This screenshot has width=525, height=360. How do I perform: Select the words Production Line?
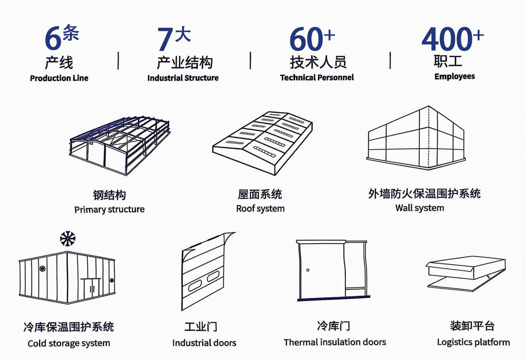(59, 78)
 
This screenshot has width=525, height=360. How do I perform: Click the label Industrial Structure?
(183, 78)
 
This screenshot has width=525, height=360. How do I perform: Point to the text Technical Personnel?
(317, 77)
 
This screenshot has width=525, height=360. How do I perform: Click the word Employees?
(455, 76)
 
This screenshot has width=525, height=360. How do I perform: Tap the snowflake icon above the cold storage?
(67, 239)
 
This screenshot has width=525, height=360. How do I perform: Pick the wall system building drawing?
(417, 139)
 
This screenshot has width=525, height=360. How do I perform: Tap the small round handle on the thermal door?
(308, 270)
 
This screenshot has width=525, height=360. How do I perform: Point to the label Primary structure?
(109, 210)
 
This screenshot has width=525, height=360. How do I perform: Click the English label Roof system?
(260, 208)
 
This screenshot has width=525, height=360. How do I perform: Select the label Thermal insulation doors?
(335, 342)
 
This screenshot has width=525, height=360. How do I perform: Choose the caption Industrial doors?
(204, 343)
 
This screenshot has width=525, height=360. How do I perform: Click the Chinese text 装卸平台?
(472, 326)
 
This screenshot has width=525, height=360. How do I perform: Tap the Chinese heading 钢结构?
(109, 195)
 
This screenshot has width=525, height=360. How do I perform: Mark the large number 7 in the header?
(165, 40)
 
